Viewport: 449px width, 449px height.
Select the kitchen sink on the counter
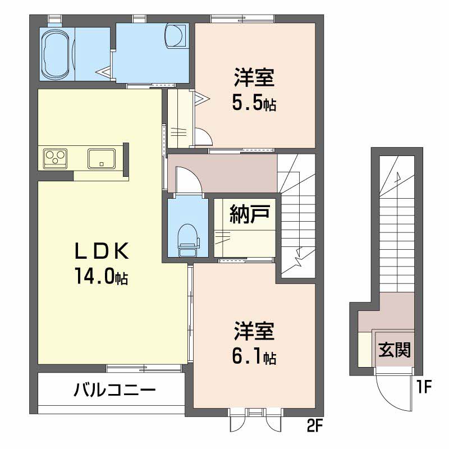click(x=102, y=158)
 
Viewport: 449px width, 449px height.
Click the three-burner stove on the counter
click(x=55, y=158)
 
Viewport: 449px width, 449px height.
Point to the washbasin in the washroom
click(x=177, y=36)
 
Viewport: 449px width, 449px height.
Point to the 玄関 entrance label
click(x=393, y=351)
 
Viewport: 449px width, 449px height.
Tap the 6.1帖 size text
click(x=254, y=356)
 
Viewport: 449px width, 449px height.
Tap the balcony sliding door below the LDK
click(x=144, y=368)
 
